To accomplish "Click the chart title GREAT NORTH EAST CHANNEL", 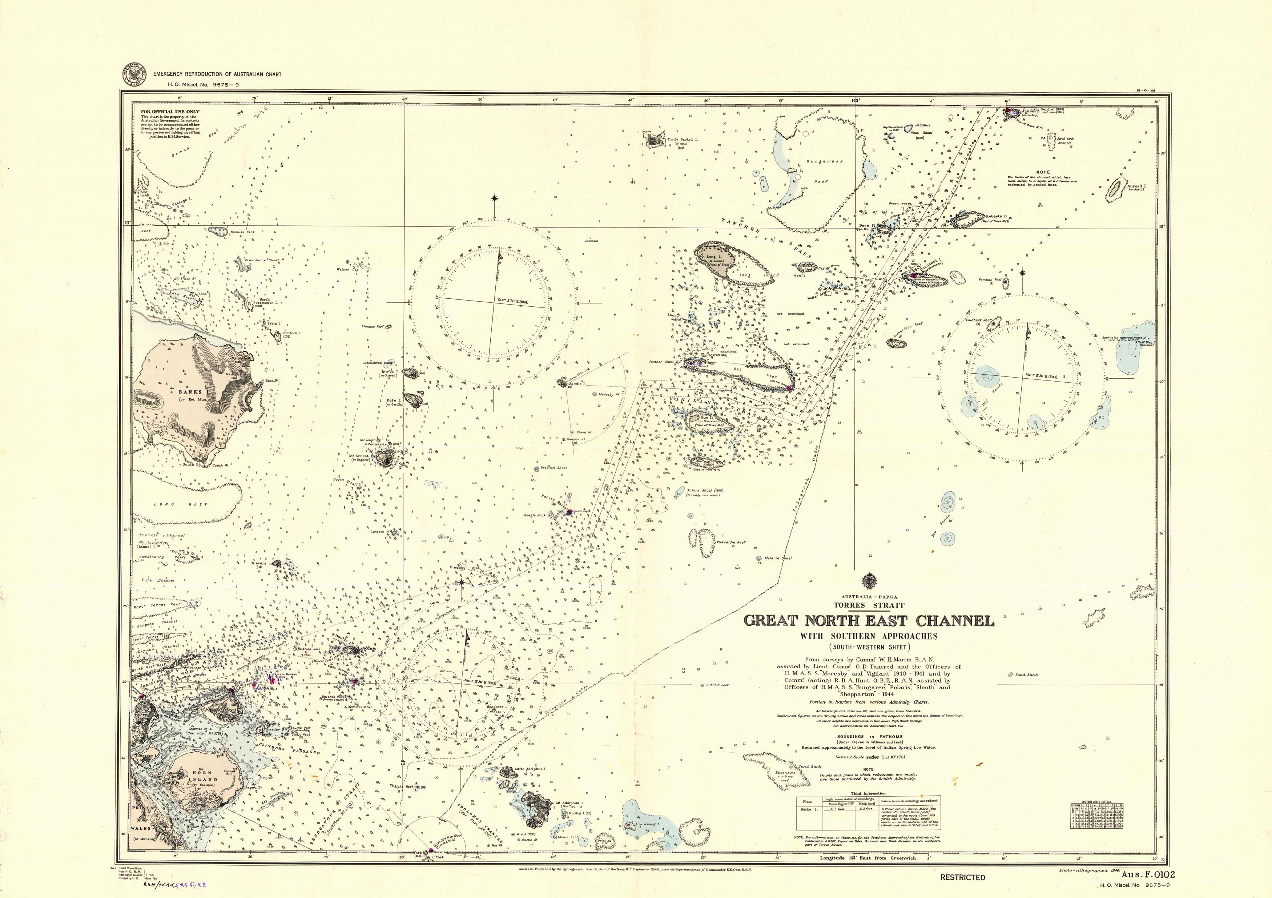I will (x=868, y=620).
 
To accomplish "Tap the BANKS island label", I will (x=190, y=392).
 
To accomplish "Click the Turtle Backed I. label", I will (x=683, y=140).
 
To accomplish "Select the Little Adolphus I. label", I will (x=530, y=769).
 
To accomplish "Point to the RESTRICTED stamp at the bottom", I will (x=962, y=878).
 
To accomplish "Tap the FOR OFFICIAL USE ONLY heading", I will (x=170, y=111).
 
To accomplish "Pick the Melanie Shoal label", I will (x=778, y=559).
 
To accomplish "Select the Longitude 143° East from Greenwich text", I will (x=868, y=858).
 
